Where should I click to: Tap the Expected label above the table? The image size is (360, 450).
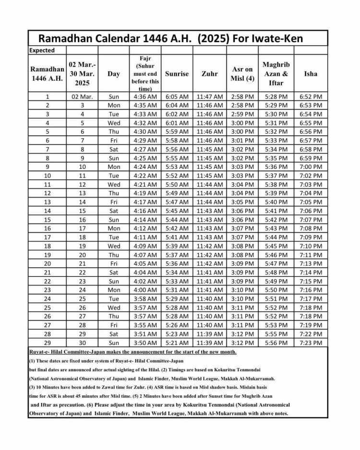click(42, 50)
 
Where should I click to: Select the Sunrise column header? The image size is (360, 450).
click(177, 74)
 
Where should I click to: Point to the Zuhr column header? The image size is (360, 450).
click(209, 74)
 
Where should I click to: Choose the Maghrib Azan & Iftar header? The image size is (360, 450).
click(276, 74)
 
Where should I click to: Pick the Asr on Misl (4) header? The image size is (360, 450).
click(243, 74)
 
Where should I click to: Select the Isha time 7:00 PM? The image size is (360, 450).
click(311, 167)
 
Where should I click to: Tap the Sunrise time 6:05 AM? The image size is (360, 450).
click(177, 96)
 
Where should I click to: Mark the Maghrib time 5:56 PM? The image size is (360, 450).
click(276, 343)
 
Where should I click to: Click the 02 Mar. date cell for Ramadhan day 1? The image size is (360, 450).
click(82, 96)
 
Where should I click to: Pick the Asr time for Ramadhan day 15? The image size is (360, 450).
click(243, 220)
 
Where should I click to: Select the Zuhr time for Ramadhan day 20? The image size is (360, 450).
click(209, 263)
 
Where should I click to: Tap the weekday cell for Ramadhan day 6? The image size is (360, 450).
click(114, 141)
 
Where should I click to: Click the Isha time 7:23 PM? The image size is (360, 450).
click(311, 343)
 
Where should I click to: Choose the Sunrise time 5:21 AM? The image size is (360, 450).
click(177, 343)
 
